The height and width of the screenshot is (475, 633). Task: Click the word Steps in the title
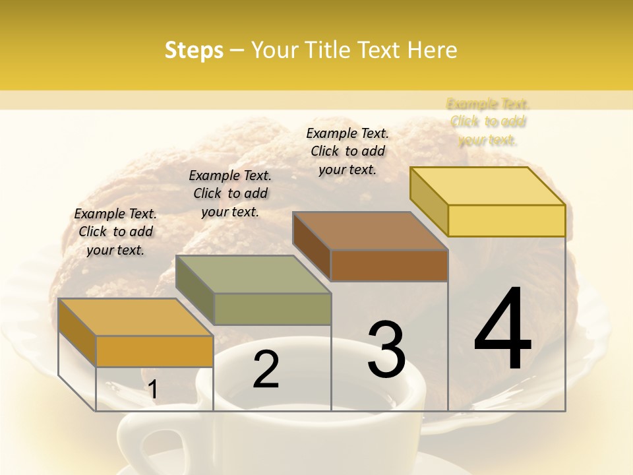click(x=194, y=50)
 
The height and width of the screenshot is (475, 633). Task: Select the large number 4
click(x=503, y=329)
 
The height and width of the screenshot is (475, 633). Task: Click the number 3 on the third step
click(x=386, y=349)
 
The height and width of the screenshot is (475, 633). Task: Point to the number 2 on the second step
click(x=266, y=369)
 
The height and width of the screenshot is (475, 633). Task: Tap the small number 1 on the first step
click(x=153, y=390)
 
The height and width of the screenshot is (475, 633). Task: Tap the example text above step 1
click(x=115, y=232)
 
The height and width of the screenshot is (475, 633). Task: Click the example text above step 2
click(x=230, y=193)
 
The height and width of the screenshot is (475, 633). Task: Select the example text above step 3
click(x=347, y=151)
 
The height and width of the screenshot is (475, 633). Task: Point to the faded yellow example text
click(x=488, y=121)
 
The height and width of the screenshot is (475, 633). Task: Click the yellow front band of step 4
click(x=506, y=220)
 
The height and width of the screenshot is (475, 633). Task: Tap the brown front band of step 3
click(x=389, y=266)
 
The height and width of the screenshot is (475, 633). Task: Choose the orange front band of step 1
click(x=154, y=351)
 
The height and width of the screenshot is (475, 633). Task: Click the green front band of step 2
click(x=272, y=309)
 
